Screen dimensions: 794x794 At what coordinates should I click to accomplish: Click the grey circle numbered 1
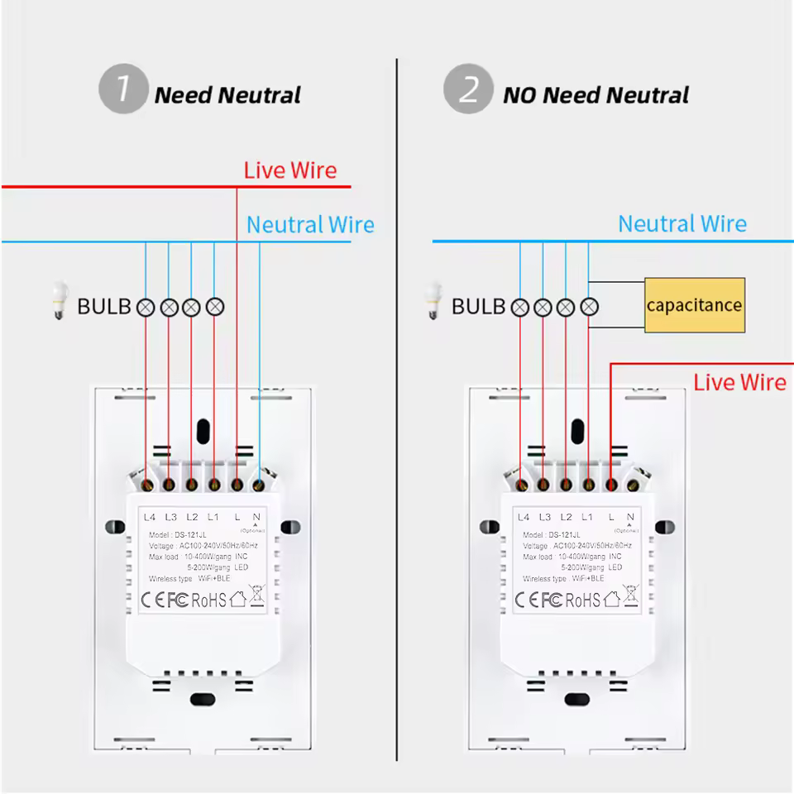point(123,88)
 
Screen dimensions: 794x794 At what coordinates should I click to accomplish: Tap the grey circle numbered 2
point(468,88)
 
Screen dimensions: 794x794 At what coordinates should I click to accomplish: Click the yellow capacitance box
point(694,305)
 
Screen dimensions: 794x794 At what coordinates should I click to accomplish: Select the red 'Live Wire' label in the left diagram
point(290,170)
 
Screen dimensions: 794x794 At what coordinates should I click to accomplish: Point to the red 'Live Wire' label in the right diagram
point(739,382)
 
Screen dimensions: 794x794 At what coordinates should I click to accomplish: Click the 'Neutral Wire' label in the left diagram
point(310,225)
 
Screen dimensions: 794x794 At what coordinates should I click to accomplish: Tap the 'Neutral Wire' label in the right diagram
point(682,224)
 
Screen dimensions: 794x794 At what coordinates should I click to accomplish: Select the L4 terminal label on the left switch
point(150,517)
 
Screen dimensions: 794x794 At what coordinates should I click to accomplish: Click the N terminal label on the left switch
point(256,517)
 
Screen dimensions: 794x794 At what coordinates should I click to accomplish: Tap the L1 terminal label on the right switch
point(587,517)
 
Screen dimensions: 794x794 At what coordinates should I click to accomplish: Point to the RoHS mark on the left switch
point(208,600)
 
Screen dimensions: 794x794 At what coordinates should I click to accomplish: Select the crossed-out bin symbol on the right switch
point(631,595)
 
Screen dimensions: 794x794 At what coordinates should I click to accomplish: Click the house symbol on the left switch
point(238,598)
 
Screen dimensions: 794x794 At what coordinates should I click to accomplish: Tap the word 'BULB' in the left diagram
point(104,307)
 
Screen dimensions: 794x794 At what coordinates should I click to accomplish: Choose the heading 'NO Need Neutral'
point(595,95)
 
